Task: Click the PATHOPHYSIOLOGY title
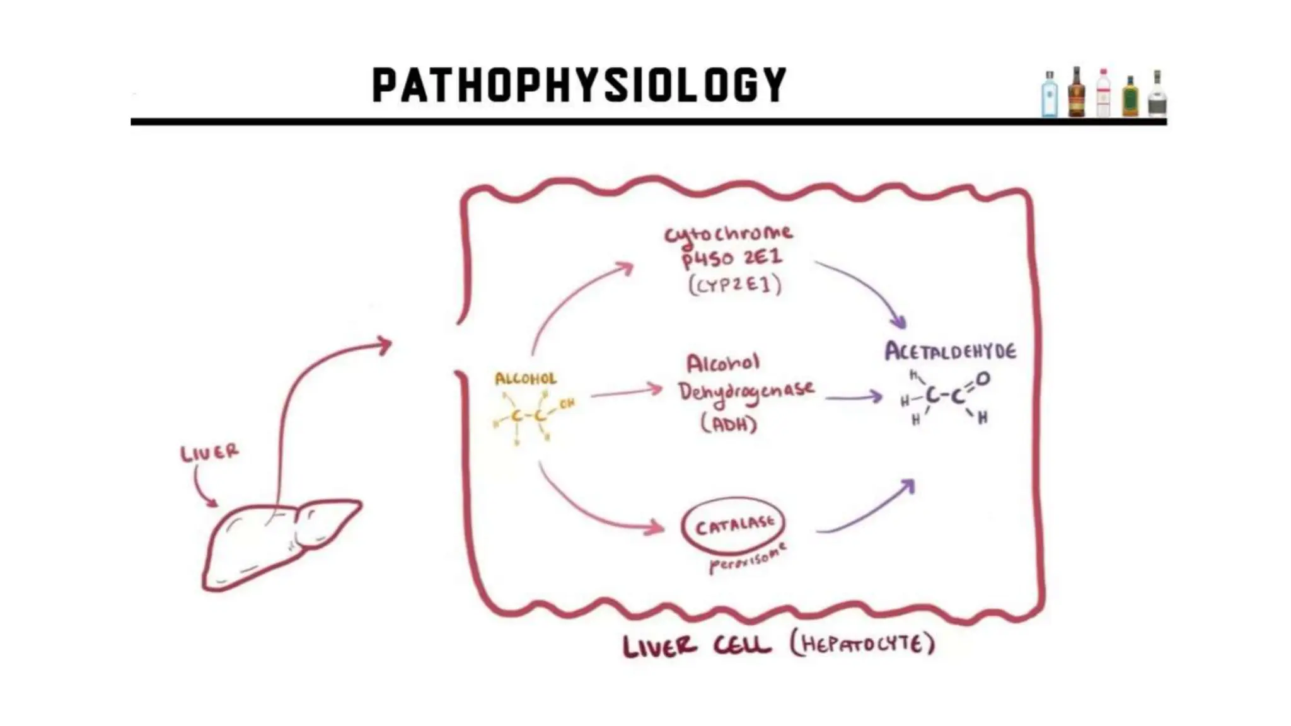pyautogui.click(x=579, y=85)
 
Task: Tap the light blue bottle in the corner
pyautogui.click(x=1050, y=95)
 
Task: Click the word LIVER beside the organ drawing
pyautogui.click(x=210, y=452)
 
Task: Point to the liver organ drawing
pyautogui.click(x=277, y=545)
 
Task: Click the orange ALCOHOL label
pyautogui.click(x=526, y=379)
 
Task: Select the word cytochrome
pyautogui.click(x=729, y=234)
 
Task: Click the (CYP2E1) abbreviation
pyautogui.click(x=735, y=286)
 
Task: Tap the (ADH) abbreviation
pyautogui.click(x=729, y=424)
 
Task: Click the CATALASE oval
pyautogui.click(x=734, y=526)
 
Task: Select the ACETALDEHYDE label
pyautogui.click(x=950, y=351)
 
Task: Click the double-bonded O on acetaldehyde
pyautogui.click(x=983, y=379)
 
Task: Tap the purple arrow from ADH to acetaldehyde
pyautogui.click(x=854, y=397)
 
